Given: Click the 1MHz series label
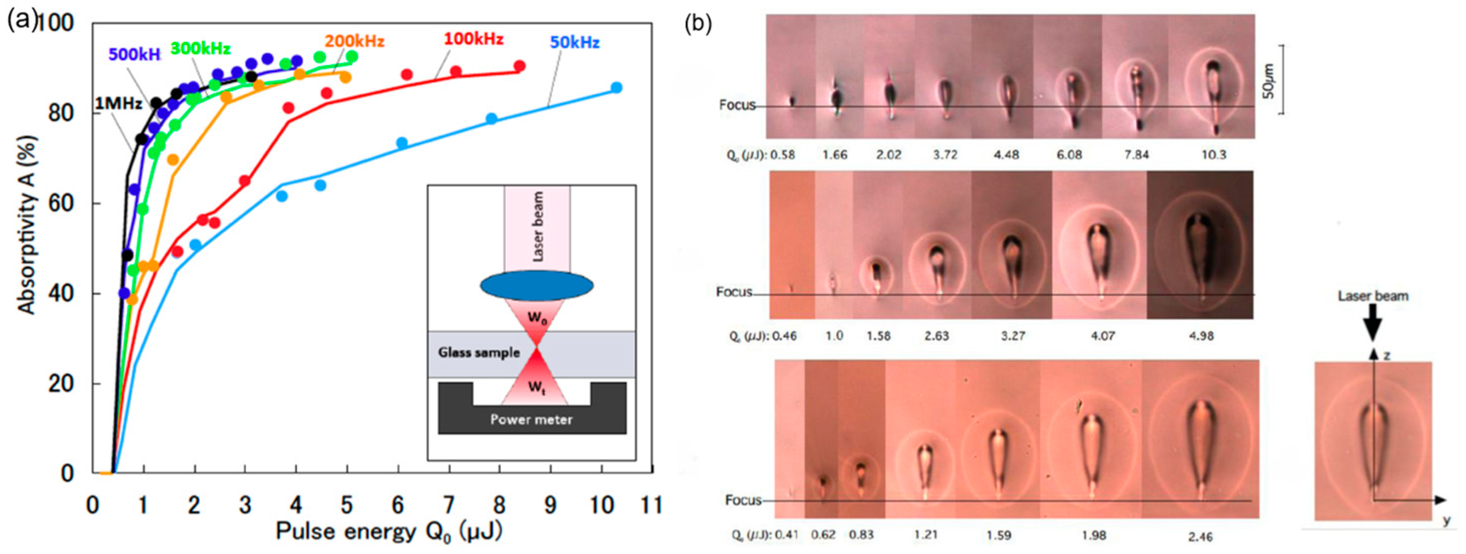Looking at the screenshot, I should pos(118,104).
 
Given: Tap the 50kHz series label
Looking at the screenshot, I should pos(574,43).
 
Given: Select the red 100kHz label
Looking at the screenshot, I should pos(474,39).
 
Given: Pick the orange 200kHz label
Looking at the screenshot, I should pos(355,42).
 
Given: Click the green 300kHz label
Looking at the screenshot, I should pos(200,49).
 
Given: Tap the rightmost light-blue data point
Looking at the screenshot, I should pos(616,88).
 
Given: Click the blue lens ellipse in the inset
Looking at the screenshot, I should pos(537,286).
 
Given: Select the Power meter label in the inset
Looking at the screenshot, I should pos(531,420).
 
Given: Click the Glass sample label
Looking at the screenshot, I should pos(479,352).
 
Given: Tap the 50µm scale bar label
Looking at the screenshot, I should pos(1269,81).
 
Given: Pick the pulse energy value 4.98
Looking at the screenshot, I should pos(1201,335).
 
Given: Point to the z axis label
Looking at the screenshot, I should pos(1386,355).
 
